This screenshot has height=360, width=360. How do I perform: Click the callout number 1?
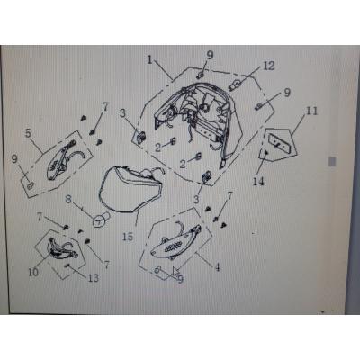pyautogui.click(x=150, y=60)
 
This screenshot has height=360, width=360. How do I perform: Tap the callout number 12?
pyautogui.click(x=269, y=66)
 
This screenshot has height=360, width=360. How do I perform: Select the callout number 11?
pyautogui.click(x=311, y=111)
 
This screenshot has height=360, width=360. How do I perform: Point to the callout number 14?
pyautogui.click(x=258, y=181)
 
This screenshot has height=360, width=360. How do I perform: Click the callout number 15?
pyautogui.click(x=128, y=237)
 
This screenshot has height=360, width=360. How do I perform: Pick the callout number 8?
pyautogui.click(x=68, y=199)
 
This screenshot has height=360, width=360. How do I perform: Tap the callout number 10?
pyautogui.click(x=33, y=272)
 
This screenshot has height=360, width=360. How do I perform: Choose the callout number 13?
pyautogui.click(x=94, y=278)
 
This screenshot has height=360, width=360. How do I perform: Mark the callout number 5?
pyautogui.click(x=28, y=133)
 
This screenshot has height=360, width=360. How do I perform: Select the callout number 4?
pyautogui.click(x=217, y=266)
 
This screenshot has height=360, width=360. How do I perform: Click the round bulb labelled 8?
pyautogui.click(x=101, y=220)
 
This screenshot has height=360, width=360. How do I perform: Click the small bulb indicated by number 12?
pyautogui.click(x=234, y=85)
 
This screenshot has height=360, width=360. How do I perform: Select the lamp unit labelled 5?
pyautogui.click(x=65, y=160)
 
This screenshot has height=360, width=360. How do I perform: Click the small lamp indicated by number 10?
pyautogui.click(x=61, y=248)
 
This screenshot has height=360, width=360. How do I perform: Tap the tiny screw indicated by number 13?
pyautogui.click(x=67, y=265)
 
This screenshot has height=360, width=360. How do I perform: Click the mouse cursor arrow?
pyautogui.click(x=175, y=271)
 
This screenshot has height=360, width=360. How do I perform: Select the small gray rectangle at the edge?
pyautogui.click(x=332, y=161)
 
